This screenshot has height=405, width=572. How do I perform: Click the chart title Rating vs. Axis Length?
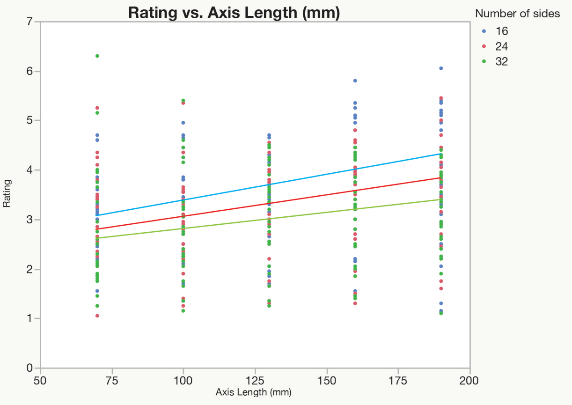tap(234, 13)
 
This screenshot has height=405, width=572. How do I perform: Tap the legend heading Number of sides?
tap(517, 14)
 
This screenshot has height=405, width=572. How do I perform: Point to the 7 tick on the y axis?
tap(30, 22)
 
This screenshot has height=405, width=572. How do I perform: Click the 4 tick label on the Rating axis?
tap(30, 170)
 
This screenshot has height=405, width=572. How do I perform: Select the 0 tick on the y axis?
tap(30, 368)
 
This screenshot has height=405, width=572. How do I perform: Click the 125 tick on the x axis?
tap(255, 379)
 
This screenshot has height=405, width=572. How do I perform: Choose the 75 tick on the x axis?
tap(112, 379)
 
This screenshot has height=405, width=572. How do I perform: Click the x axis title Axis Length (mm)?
tap(253, 392)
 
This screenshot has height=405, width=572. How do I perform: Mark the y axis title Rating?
tap(7, 195)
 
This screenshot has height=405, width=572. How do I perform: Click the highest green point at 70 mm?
tap(97, 56)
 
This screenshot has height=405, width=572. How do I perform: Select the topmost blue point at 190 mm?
tap(441, 68)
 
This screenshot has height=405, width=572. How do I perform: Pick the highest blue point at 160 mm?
tap(355, 81)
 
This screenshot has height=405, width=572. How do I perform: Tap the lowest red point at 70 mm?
tap(97, 316)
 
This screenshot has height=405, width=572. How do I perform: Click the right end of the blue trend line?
tap(441, 154)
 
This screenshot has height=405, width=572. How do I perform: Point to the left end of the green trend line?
tap(97, 238)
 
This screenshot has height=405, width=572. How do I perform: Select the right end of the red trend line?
tap(441, 178)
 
